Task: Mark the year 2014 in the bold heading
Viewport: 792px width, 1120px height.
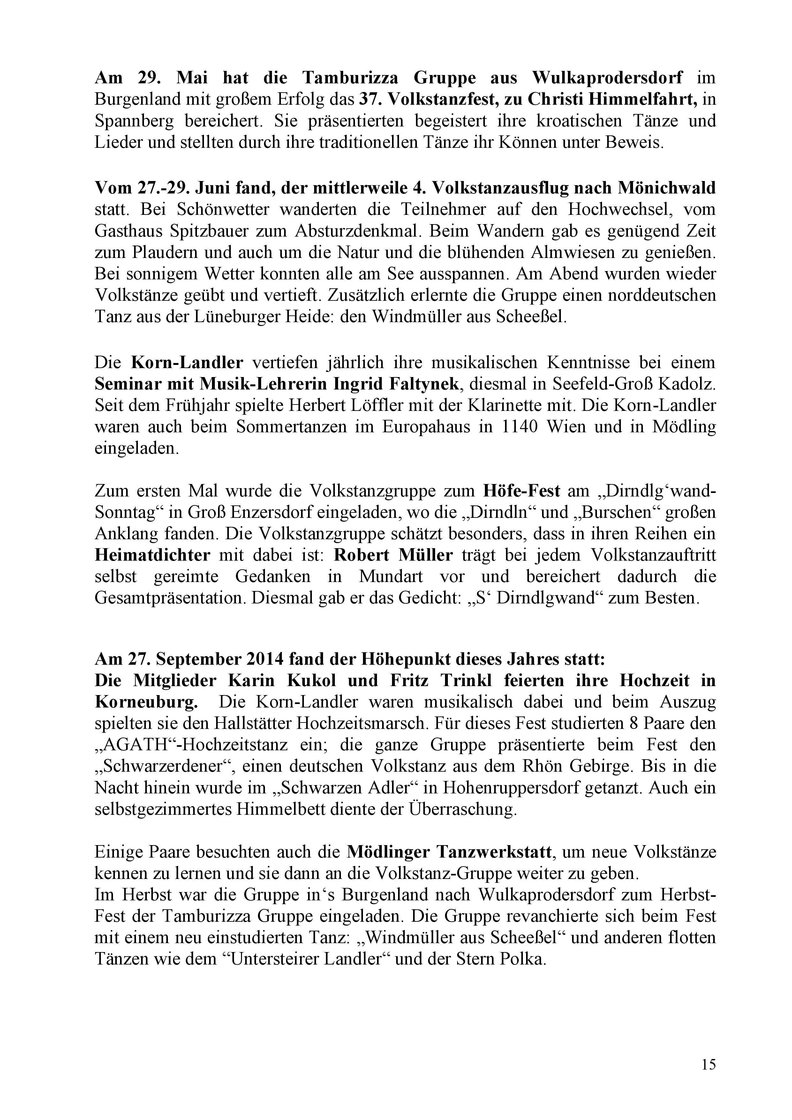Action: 265,660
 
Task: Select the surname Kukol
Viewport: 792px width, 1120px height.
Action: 327,680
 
